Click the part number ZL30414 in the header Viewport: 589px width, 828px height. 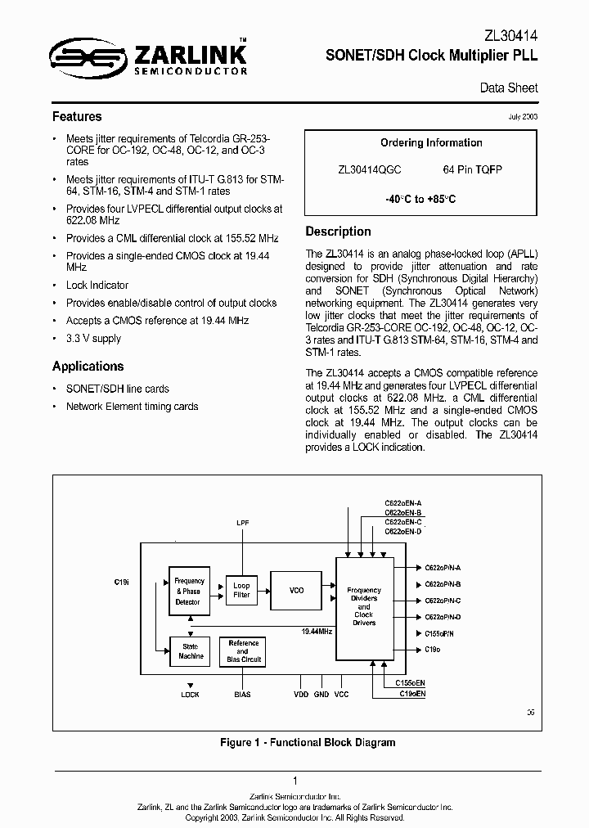(511, 35)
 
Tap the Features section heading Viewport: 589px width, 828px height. (77, 116)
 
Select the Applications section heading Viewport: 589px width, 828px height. (88, 366)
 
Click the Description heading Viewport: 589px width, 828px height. (338, 231)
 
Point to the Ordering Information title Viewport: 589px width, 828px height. (431, 142)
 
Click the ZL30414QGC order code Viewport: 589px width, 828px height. (370, 169)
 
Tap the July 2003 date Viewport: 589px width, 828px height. (523, 117)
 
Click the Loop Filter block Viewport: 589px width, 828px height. (241, 590)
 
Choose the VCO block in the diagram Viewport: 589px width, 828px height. (297, 590)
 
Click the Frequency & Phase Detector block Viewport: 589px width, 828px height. (189, 591)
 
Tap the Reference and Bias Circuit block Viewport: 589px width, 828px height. (243, 651)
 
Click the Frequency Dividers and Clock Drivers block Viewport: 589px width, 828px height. (364, 606)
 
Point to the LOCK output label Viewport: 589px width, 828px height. (190, 694)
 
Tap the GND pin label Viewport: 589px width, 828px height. (321, 694)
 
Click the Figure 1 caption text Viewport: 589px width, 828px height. (308, 742)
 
